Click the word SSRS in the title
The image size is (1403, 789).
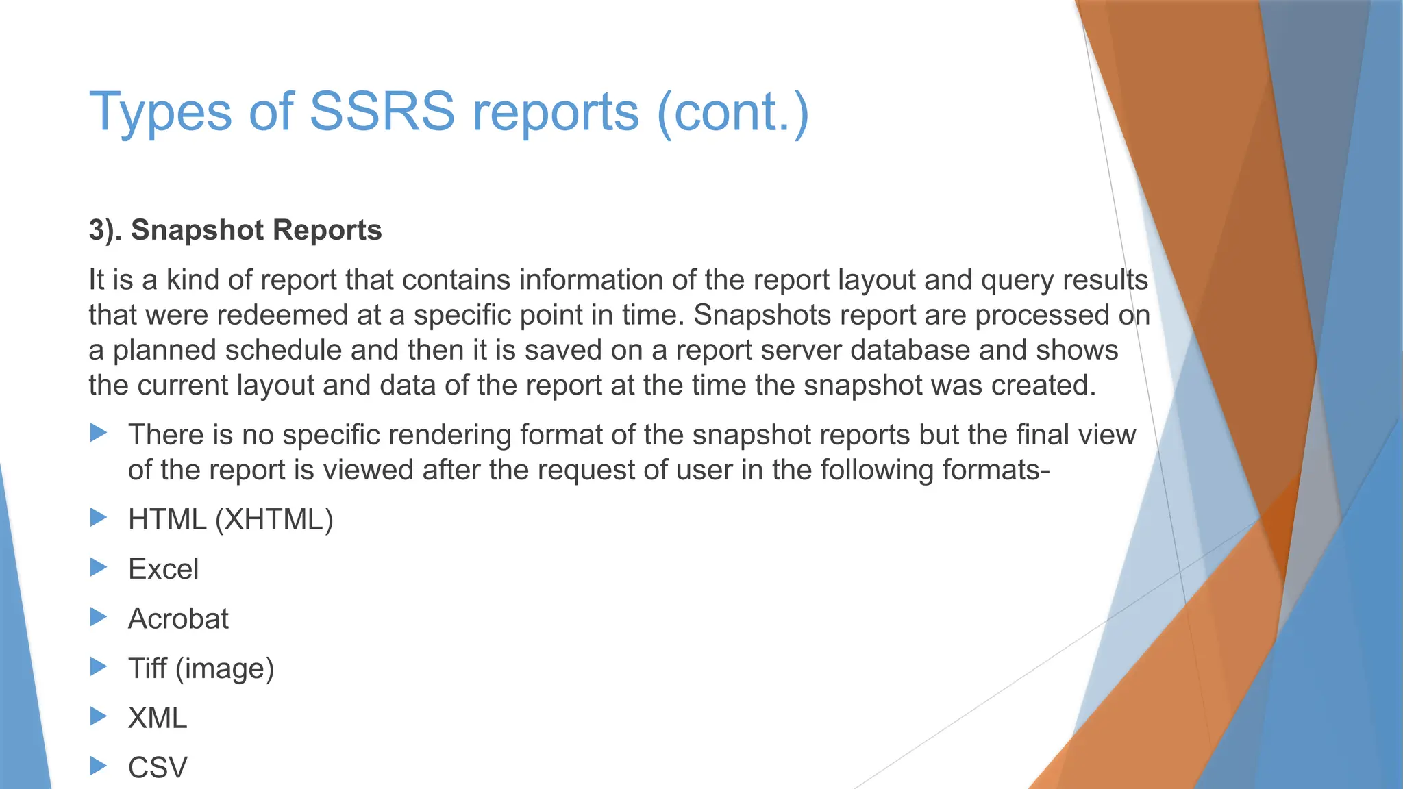[382, 112]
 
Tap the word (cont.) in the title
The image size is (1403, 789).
[732, 112]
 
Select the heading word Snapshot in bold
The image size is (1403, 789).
[189, 230]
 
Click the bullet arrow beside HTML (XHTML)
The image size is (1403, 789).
[99, 518]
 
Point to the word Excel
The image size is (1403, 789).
[163, 569]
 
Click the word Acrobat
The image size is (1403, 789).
[178, 619]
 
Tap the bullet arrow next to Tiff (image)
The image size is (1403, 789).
[99, 666]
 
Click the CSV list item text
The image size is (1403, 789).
[158, 768]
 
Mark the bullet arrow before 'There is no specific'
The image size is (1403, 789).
[99, 433]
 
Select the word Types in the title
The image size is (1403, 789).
[160, 112]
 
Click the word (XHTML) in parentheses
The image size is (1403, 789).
[274, 520]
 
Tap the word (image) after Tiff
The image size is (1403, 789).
[225, 669]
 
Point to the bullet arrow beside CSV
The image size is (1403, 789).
[99, 766]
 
